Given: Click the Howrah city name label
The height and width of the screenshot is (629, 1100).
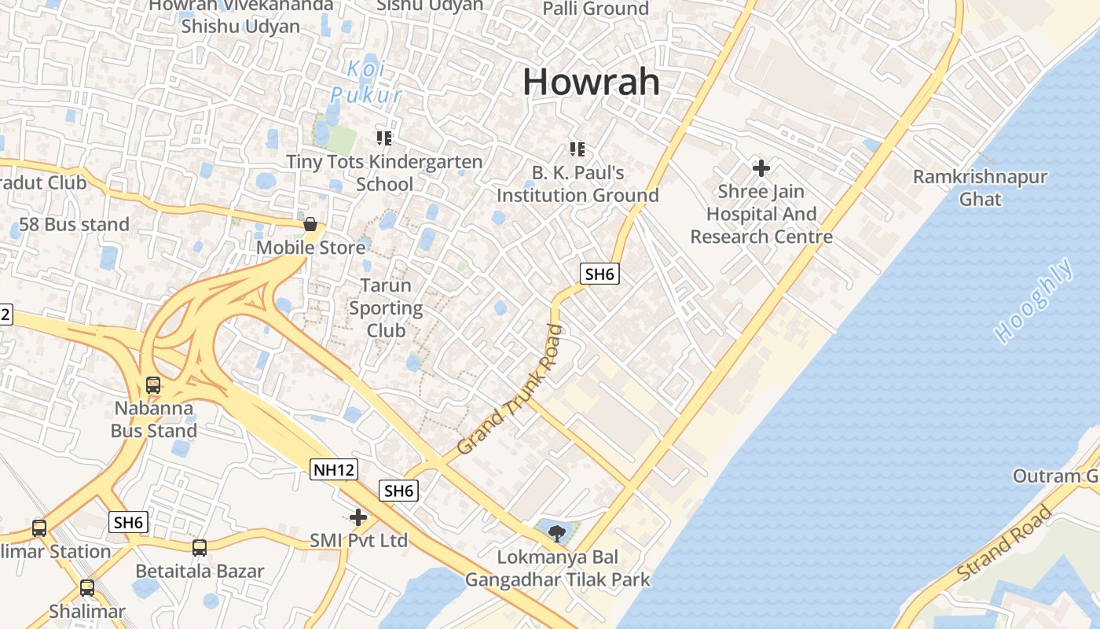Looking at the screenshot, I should [x=591, y=82].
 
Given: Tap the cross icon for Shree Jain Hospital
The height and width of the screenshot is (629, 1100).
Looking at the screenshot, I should [x=761, y=167].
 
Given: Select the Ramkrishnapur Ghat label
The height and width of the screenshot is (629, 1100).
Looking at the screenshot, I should [x=979, y=187].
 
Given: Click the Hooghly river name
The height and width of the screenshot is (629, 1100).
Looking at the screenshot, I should [x=1034, y=300].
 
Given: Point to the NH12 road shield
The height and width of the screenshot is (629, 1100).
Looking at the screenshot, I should [x=334, y=470].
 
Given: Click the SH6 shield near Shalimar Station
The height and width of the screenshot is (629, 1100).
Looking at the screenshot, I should [x=128, y=522].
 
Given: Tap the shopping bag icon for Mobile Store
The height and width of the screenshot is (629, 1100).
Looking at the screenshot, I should [x=310, y=225].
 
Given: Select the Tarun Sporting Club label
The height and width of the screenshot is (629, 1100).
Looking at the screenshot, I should [x=386, y=307].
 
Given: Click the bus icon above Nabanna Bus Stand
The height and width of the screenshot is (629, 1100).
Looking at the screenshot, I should [x=153, y=385].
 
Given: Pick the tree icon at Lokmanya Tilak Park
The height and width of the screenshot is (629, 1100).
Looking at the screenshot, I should [x=557, y=534].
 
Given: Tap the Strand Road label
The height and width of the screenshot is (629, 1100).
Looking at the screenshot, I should [x=1003, y=545].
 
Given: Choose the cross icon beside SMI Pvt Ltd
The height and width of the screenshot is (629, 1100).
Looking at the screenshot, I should [x=358, y=517].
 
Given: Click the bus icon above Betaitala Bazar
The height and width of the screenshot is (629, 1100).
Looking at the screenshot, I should [x=200, y=547].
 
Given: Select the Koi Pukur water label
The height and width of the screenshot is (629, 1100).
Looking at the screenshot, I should [x=366, y=82].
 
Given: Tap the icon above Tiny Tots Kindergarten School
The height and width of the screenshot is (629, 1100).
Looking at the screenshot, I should [x=384, y=139].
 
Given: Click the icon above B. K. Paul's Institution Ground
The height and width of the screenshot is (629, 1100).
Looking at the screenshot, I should [x=577, y=149].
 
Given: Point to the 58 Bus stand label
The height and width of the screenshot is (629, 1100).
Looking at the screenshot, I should [x=74, y=224].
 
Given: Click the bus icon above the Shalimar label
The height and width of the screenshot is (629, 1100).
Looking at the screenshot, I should [x=86, y=587].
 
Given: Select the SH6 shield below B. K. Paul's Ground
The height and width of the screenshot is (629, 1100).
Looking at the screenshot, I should [x=599, y=274].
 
